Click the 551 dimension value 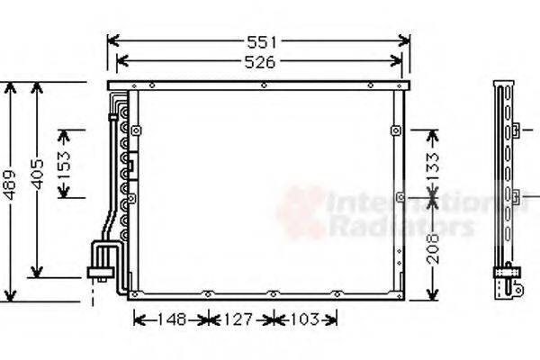click(x=258, y=41)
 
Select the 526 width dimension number click(x=258, y=61)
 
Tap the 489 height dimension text click(x=10, y=186)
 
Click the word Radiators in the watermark click(x=400, y=226)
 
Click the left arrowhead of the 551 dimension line click(x=111, y=41)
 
